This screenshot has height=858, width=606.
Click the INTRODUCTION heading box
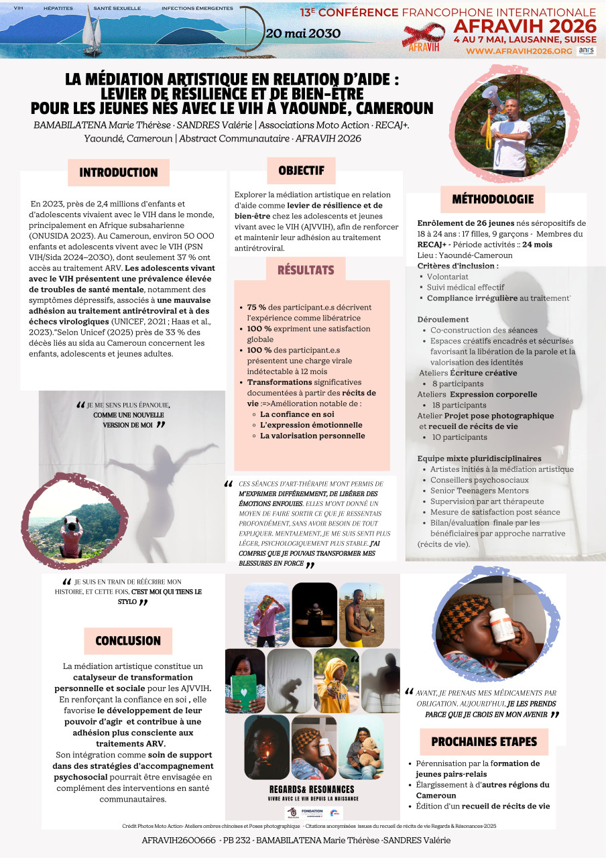coord(119,172)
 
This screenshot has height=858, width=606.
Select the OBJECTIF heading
coord(301,170)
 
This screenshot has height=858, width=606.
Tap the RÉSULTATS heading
coord(306,270)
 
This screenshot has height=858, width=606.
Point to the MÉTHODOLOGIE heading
coord(493,199)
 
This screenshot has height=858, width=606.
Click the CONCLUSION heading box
coord(128,641)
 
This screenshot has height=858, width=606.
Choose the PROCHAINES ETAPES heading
coord(484,741)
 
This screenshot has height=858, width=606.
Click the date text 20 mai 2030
coord(302,34)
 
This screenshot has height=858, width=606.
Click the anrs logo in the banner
coord(586,51)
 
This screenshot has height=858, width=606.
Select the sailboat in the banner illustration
coord(90,34)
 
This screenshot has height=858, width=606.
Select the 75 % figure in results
coord(256,307)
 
